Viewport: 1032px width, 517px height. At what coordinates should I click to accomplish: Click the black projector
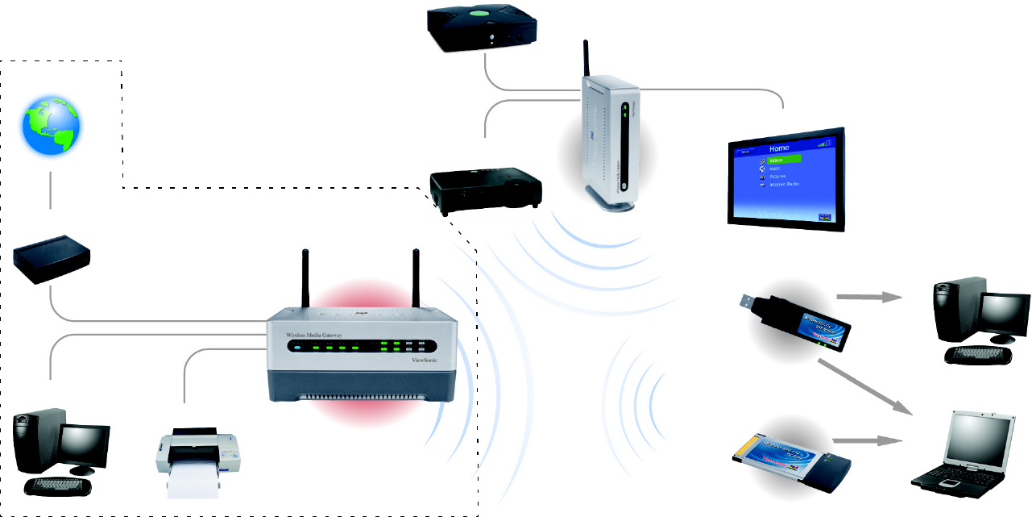click(x=485, y=190)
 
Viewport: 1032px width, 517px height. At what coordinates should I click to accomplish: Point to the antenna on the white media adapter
click(x=586, y=60)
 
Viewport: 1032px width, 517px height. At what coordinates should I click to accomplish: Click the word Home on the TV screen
click(x=778, y=148)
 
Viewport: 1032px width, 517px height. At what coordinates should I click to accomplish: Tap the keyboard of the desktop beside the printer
click(x=57, y=486)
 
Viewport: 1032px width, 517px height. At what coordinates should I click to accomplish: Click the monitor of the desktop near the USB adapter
click(x=1003, y=315)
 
